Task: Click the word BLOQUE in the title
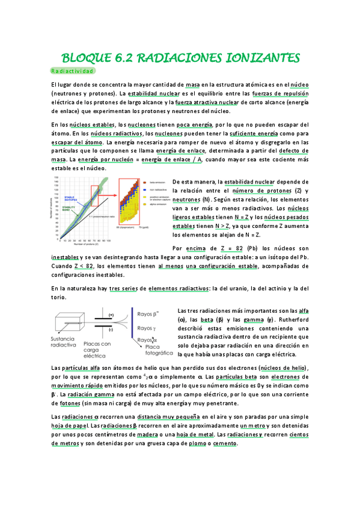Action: tap(85, 58)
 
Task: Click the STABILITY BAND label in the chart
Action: tap(67, 209)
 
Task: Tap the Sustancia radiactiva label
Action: tap(66, 342)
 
